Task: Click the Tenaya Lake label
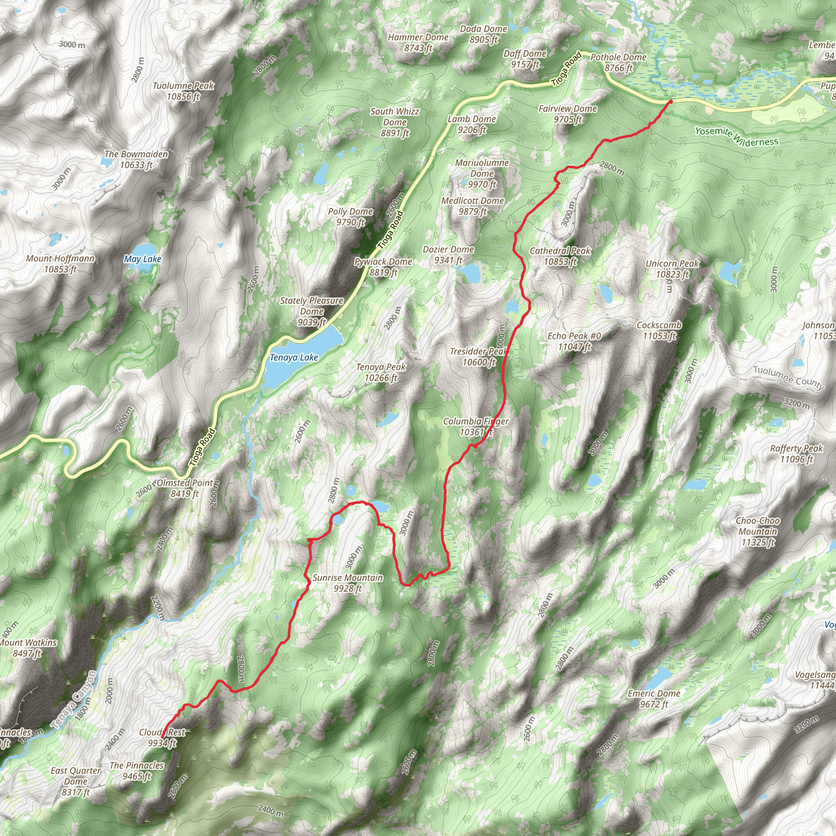[x=294, y=358]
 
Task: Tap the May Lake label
[x=142, y=259]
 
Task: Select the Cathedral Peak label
[x=560, y=256]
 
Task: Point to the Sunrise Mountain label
[x=347, y=583]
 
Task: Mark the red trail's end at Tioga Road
[x=670, y=102]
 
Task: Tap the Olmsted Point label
[x=185, y=488]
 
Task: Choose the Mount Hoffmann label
[x=60, y=264]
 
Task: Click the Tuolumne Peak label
[x=183, y=91]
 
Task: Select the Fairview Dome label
[x=567, y=114]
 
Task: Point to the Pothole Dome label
[x=618, y=62]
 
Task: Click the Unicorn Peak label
[x=671, y=269]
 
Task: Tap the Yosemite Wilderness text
[x=736, y=137]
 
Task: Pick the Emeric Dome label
[x=654, y=699]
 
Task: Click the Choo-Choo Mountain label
[x=758, y=531]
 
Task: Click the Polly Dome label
[x=350, y=216]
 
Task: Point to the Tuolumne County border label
[x=788, y=377]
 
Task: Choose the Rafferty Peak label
[x=796, y=454]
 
